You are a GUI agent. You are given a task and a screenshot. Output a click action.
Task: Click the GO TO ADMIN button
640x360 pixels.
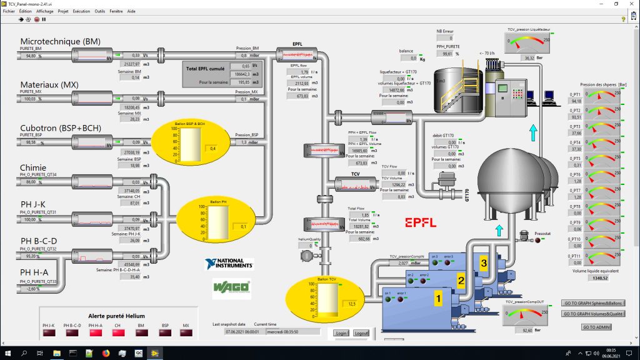click(x=596, y=327)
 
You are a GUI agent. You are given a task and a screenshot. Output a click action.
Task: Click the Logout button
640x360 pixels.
click(x=361, y=333)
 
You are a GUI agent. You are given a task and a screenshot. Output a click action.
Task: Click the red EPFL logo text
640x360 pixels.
click(x=420, y=222)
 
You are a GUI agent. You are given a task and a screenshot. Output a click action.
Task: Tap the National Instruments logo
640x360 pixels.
click(x=229, y=264)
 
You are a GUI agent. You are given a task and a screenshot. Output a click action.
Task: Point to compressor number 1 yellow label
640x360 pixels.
click(x=438, y=299)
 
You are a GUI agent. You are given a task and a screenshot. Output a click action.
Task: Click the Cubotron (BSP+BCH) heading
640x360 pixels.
click(x=61, y=129)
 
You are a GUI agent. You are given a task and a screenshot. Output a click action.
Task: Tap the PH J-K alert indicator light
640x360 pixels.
click(x=49, y=333)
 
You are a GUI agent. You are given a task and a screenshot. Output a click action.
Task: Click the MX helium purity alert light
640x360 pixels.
click(x=186, y=333)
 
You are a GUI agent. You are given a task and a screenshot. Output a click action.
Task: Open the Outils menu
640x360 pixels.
click(x=100, y=11)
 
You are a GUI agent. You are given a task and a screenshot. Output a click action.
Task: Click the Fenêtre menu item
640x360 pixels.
click(x=116, y=11)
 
